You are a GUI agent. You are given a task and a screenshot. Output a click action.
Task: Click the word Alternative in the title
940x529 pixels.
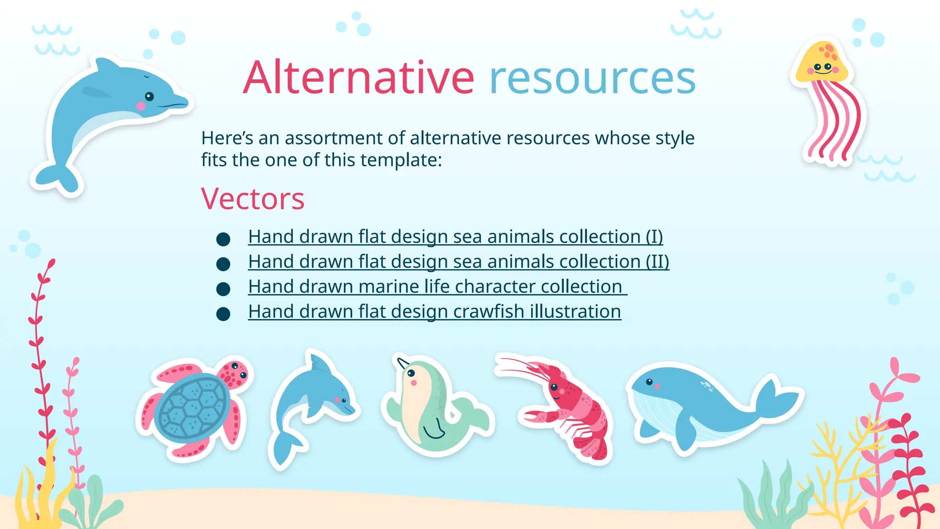358,78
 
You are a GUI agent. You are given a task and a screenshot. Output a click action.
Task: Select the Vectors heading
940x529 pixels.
252,199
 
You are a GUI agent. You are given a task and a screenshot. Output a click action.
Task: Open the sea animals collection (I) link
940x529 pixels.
455,237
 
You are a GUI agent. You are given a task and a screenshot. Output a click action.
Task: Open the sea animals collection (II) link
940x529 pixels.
458,262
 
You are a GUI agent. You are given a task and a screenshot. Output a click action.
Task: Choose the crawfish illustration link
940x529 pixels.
434,312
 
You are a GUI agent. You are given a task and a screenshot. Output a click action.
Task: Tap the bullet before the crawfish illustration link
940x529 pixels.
223,314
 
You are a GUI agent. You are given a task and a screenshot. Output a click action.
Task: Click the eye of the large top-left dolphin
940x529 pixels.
149,96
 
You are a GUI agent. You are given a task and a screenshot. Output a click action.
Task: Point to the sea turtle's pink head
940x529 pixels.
235,372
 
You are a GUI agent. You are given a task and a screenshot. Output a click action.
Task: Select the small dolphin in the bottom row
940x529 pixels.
312,404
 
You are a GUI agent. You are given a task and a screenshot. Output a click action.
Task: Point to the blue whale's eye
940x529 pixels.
649,382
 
